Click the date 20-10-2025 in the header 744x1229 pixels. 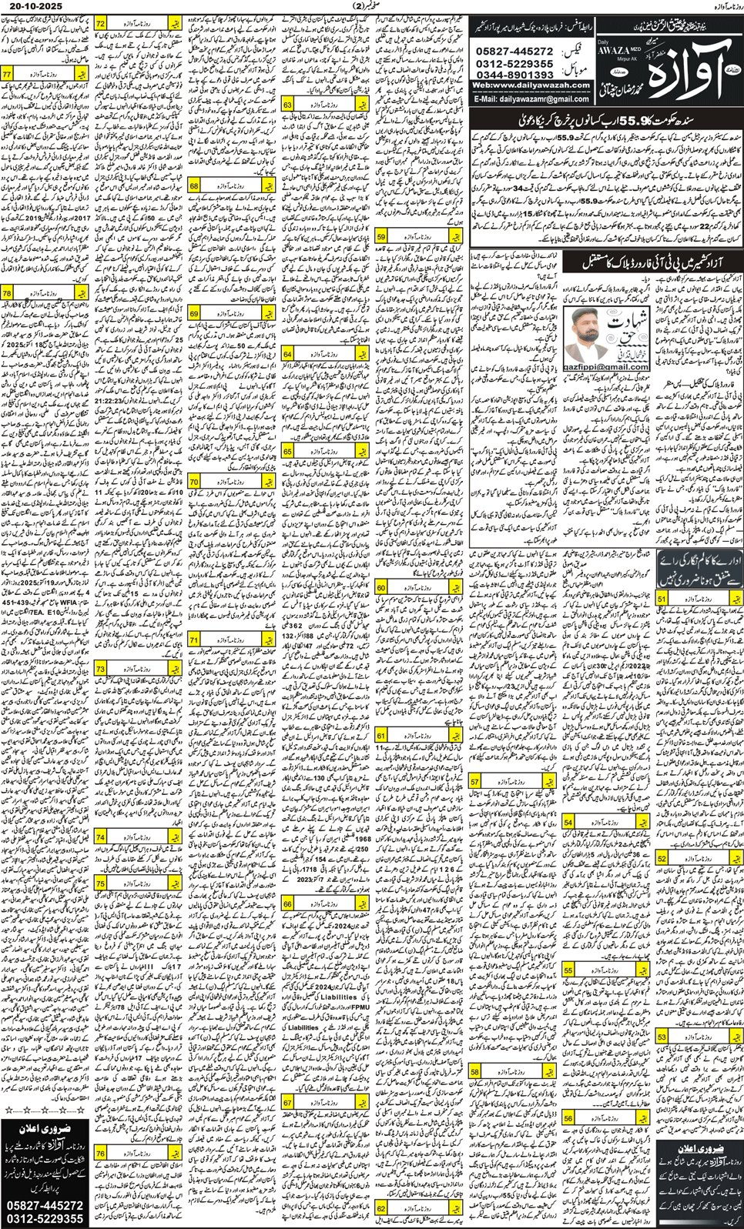click(x=32, y=6)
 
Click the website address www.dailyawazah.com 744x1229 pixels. click(x=531, y=85)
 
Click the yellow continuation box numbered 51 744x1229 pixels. click(x=662, y=598)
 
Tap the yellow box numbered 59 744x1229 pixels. click(x=382, y=237)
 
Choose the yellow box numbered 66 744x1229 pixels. click(x=288, y=903)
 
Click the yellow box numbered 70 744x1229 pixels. click(x=194, y=482)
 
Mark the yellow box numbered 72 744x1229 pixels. click(x=101, y=24)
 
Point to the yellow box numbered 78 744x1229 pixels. click(x=7, y=293)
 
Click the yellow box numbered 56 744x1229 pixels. click(x=568, y=1117)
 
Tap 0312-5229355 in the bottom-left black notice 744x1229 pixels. click(x=45, y=1219)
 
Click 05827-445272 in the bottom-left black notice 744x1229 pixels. click(x=45, y=1205)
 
